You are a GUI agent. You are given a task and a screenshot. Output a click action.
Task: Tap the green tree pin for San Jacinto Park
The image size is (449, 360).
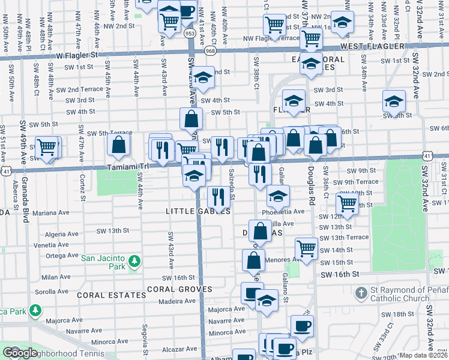click(x=135, y=261)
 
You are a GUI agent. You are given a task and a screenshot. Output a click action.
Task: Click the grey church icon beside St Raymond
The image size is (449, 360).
click(x=360, y=294)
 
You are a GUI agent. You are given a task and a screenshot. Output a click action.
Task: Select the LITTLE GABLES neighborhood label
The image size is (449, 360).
click(x=198, y=211)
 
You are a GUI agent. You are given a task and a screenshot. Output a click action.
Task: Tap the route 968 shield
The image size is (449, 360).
click(x=209, y=52)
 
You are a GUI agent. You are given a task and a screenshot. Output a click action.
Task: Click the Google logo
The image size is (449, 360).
click(x=20, y=353)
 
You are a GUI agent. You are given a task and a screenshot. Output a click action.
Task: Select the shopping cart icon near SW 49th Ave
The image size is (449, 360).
click(x=47, y=147)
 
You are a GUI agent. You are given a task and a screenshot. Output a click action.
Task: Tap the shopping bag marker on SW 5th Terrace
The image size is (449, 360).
click(x=119, y=144)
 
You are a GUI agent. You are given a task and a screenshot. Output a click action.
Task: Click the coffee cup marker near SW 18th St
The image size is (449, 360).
click(x=302, y=326)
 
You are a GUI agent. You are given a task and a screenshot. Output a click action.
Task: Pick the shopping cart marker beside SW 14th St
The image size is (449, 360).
click(x=306, y=248)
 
